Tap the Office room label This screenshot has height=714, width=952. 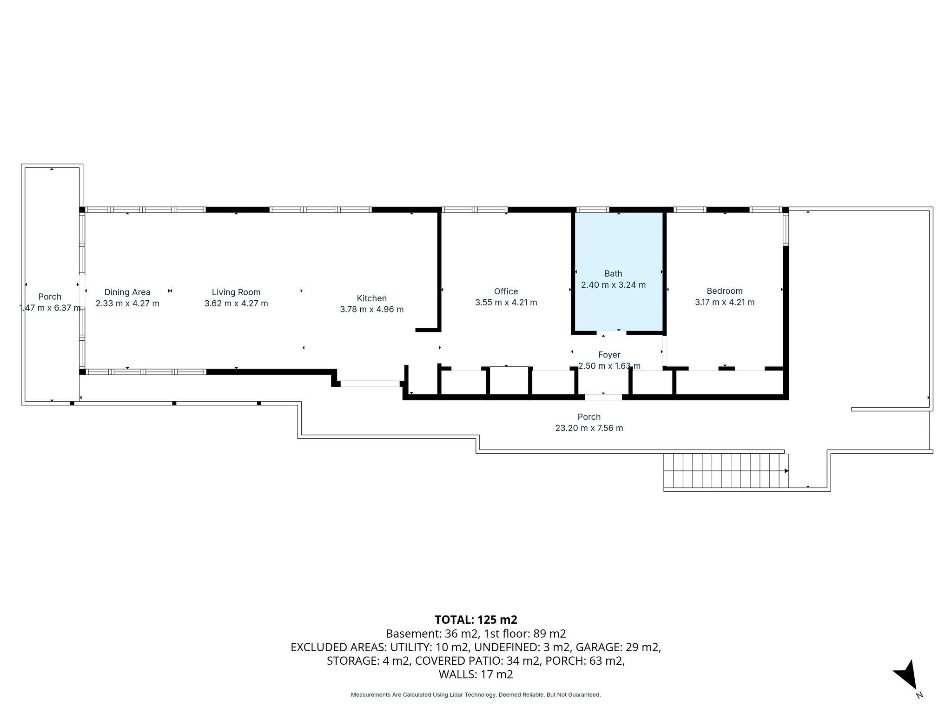(506, 291)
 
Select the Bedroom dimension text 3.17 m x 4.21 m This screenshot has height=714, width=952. (724, 302)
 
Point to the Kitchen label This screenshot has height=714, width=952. (371, 298)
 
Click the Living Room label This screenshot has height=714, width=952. (236, 292)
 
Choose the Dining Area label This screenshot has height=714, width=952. (127, 292)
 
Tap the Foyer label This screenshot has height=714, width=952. (609, 355)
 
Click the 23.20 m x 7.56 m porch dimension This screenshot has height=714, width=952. (589, 428)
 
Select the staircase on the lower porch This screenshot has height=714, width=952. (725, 470)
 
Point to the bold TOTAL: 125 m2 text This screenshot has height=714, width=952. (476, 620)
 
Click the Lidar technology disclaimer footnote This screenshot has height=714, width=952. (476, 694)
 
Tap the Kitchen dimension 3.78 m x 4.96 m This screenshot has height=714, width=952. (371, 310)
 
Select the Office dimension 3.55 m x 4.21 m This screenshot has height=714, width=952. (506, 303)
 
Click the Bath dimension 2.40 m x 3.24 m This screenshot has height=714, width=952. (613, 285)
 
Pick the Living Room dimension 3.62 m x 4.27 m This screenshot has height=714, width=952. (236, 304)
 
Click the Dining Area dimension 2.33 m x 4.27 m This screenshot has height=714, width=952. (127, 304)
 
